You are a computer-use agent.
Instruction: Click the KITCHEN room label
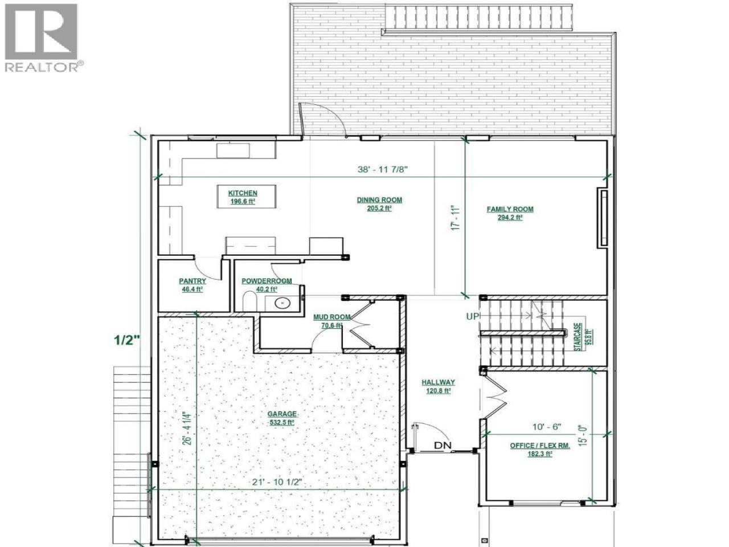point(243,193)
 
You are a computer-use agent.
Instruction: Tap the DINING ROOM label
point(379,200)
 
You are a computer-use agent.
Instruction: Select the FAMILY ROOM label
point(510,209)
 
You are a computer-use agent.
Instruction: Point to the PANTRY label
point(193,281)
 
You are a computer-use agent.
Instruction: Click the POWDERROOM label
point(267,281)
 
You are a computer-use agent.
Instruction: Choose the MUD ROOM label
point(331,317)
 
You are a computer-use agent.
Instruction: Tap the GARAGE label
point(282,414)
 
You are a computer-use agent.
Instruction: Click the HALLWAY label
point(439,382)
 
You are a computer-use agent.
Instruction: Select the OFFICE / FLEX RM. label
point(540,446)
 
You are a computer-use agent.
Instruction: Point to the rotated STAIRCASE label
point(578,337)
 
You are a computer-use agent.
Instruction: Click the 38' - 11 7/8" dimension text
point(382,169)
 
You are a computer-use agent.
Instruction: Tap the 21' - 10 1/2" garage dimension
point(277,482)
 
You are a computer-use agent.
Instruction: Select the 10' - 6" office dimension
point(547,427)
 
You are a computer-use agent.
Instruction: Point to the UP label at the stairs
point(473,316)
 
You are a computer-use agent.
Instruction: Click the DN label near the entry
point(443,445)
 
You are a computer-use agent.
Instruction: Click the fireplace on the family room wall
point(603,218)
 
